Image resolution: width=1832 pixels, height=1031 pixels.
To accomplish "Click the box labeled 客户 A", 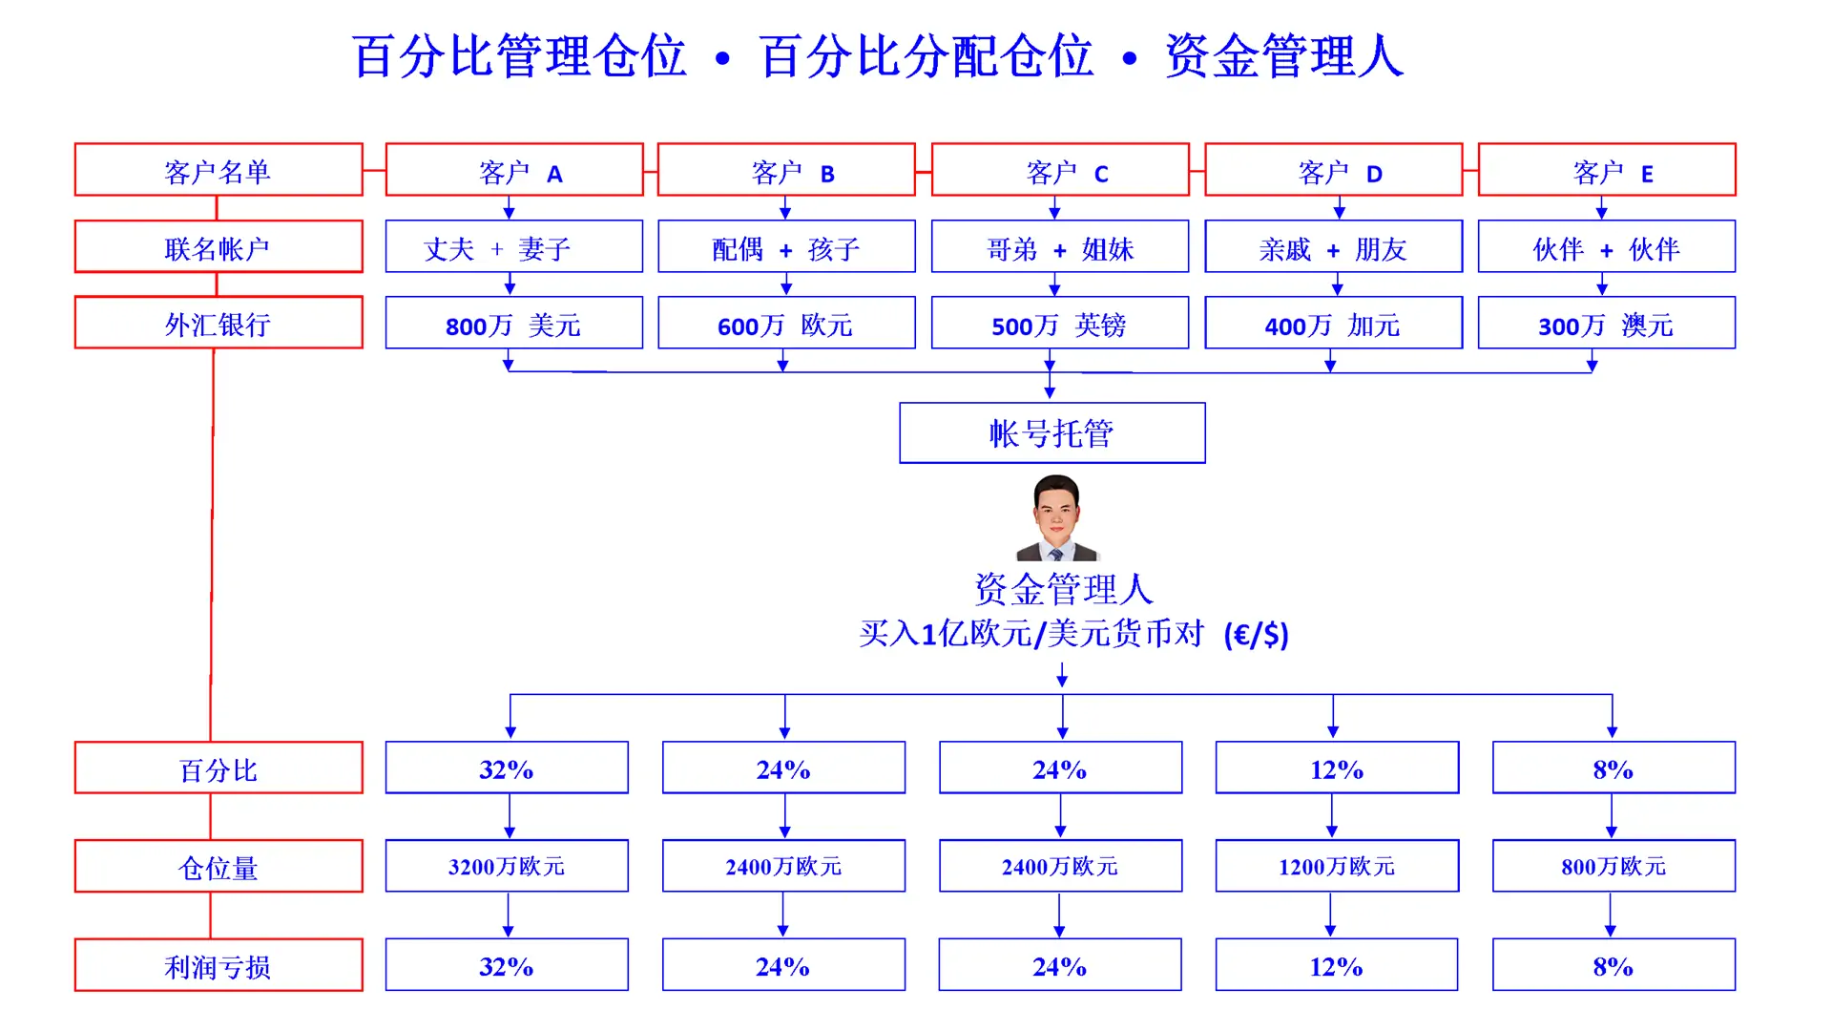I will [514, 171].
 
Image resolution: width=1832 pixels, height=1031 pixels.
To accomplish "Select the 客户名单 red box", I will [219, 171].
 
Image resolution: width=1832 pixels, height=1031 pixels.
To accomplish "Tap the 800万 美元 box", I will [514, 325].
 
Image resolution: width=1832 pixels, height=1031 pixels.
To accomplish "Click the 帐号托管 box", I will [1051, 433].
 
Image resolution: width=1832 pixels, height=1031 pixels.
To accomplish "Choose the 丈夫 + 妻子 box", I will [514, 248].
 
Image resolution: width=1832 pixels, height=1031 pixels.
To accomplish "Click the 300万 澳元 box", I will [1606, 325].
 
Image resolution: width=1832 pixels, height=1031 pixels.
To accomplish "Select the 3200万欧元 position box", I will [507, 866].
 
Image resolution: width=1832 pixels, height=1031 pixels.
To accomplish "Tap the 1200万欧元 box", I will [1337, 866].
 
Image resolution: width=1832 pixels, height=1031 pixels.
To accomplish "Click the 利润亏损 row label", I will [219, 965].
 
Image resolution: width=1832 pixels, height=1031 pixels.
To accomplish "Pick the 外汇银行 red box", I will [219, 324].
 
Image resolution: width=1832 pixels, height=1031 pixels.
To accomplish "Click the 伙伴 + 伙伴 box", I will [1606, 248].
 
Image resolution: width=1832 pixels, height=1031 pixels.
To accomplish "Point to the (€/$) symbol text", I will [1256, 635].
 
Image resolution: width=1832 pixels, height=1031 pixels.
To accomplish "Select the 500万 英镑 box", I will [1059, 325].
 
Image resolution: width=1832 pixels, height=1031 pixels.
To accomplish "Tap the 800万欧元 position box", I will [1613, 866].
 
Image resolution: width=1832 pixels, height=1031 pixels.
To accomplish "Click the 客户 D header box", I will [1333, 171].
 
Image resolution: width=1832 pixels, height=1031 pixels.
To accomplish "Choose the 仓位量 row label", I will [219, 866].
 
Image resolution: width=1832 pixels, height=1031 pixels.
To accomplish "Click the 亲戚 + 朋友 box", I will [1333, 248].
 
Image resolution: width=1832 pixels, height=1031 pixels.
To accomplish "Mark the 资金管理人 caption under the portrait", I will [1063, 589].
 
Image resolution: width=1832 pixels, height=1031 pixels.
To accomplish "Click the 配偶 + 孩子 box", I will [786, 248].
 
